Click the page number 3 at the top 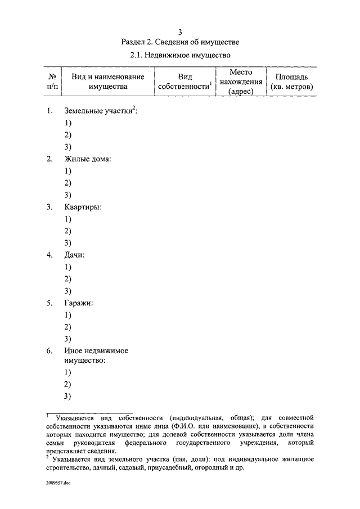(x=179, y=31)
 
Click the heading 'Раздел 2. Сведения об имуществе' (x=179, y=42)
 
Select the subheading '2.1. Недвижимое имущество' (x=179, y=56)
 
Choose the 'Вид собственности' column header (x=185, y=82)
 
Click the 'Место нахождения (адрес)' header (x=241, y=82)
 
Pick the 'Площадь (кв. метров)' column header (x=291, y=82)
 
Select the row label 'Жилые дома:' (x=88, y=159)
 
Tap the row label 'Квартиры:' (x=83, y=207)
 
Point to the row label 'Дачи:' (x=75, y=255)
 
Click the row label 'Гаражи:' (x=79, y=303)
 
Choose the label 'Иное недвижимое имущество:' (x=96, y=355)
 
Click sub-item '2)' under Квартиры (x=67, y=231)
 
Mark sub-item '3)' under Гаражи (x=67, y=339)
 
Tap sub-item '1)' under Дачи (x=67, y=267)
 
